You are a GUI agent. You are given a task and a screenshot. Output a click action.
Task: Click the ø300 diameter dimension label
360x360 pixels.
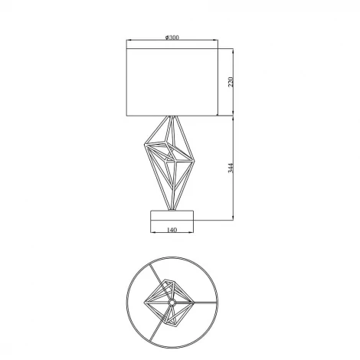click(x=172, y=38)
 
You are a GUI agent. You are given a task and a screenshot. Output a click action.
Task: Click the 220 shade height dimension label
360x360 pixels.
click(x=231, y=82)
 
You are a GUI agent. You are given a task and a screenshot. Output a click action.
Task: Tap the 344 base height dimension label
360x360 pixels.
click(x=231, y=168)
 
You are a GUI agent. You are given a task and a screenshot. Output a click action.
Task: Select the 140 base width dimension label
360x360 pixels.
click(x=172, y=230)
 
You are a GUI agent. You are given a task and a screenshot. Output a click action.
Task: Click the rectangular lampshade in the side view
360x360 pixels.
click(x=172, y=82)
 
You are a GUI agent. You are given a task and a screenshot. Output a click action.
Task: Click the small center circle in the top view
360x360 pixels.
click(x=172, y=303)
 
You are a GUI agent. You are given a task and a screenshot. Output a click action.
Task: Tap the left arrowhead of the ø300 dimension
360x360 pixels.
click(x=129, y=40)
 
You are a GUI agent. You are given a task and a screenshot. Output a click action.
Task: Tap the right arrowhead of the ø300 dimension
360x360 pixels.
click(x=215, y=40)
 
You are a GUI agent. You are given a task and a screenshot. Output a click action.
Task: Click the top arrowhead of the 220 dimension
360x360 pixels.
click(x=233, y=51)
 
